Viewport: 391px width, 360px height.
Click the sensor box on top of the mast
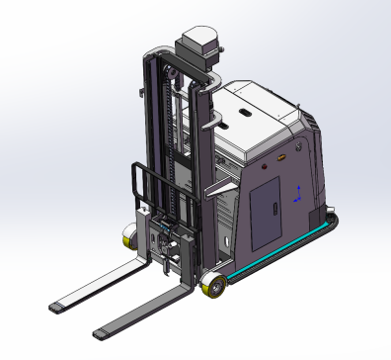(x=200, y=45)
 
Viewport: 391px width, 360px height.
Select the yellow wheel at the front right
(x=212, y=289)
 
